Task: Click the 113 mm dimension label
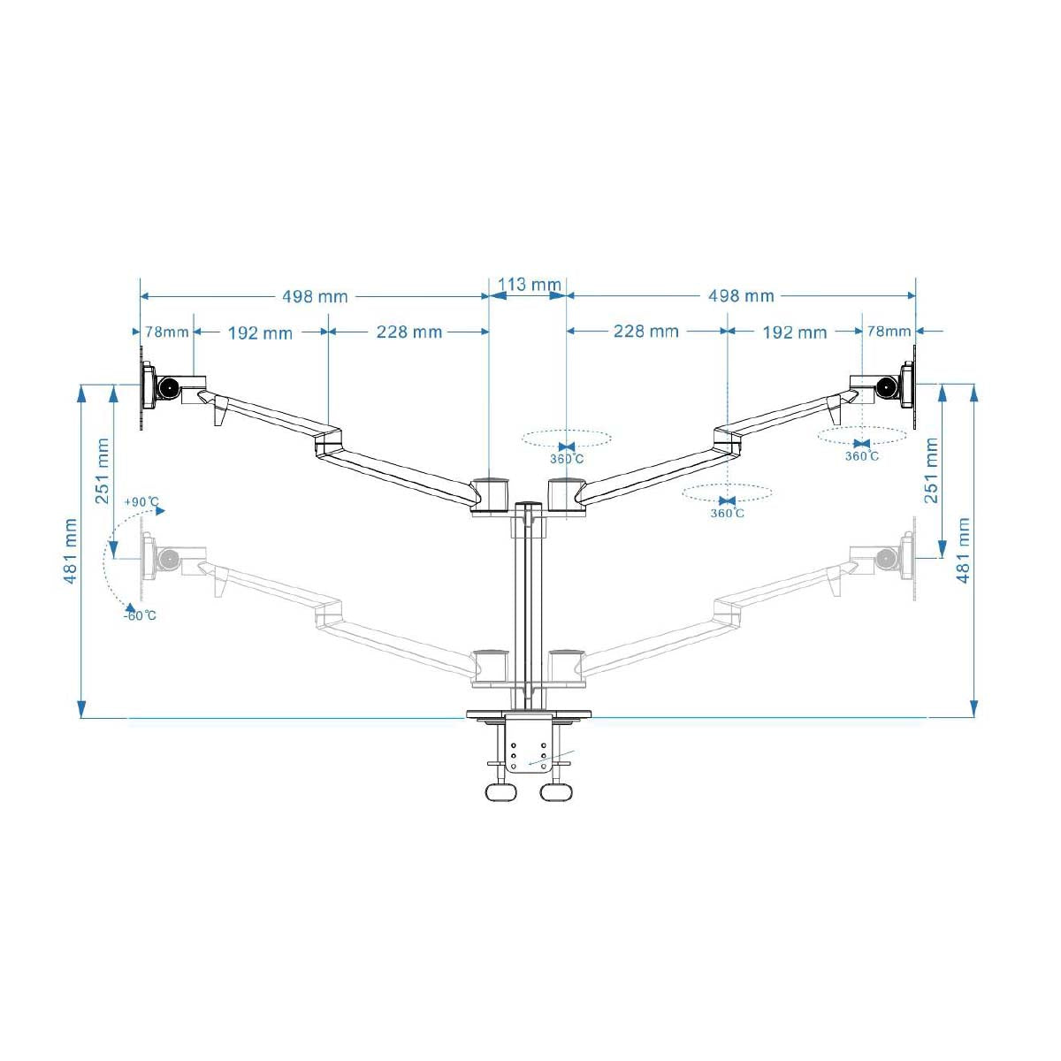(529, 284)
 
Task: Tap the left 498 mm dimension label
(315, 297)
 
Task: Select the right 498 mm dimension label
(741, 296)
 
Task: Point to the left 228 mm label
(409, 332)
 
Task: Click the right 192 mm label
(795, 332)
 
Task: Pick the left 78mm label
(167, 332)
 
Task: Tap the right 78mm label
(889, 332)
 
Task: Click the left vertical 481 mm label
(70, 551)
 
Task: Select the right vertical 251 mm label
(931, 470)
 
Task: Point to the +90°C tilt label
(141, 501)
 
